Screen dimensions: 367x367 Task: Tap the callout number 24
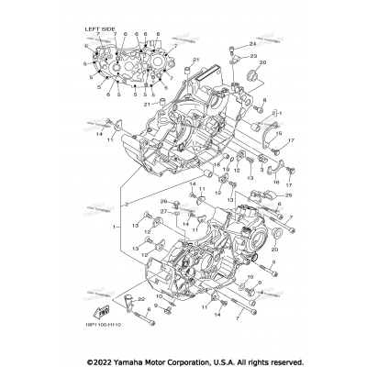click(251, 44)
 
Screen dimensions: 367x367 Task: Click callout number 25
click(288, 195)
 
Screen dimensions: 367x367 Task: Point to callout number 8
click(264, 100)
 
